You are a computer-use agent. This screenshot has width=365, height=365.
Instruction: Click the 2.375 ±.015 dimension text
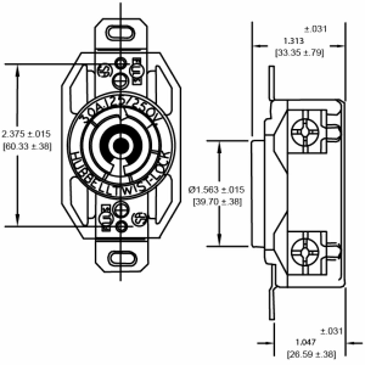click(26, 134)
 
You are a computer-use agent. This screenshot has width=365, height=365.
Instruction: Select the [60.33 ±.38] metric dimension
click(27, 146)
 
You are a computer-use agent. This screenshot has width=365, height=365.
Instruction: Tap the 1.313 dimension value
click(294, 40)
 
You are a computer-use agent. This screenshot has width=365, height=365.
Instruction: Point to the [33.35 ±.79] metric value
click(299, 53)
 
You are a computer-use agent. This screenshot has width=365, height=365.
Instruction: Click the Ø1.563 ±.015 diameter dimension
click(216, 190)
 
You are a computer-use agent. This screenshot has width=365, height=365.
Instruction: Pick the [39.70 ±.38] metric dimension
click(217, 202)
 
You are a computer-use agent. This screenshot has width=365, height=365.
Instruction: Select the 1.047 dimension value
click(306, 342)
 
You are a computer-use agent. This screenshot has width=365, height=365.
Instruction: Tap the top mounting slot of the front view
click(121, 33)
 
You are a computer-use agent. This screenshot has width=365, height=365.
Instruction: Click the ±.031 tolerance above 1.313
click(315, 29)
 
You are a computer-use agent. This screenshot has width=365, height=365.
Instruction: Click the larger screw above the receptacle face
click(121, 81)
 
